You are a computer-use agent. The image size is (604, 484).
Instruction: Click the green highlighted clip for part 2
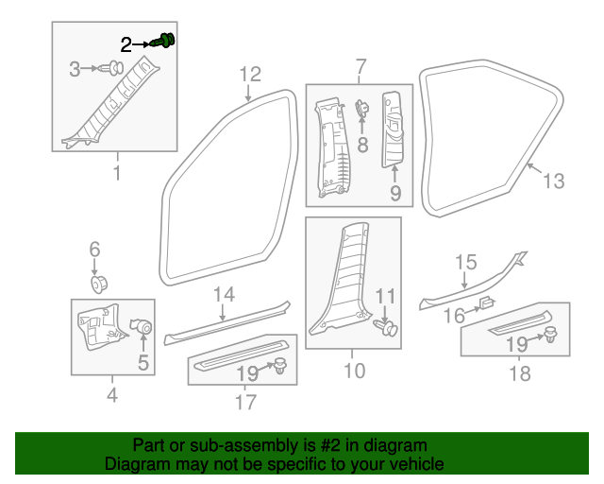coord(169,41)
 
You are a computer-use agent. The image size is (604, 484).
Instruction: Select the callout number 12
coord(249,74)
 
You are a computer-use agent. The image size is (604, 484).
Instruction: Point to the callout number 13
coord(554,181)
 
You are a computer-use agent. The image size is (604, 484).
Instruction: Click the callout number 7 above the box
coord(360,66)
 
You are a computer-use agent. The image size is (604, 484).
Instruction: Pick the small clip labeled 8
coord(361,112)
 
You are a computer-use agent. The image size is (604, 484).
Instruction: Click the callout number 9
coord(394,194)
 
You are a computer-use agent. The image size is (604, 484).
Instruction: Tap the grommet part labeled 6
coord(96,283)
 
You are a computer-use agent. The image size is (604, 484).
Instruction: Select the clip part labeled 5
coord(144,327)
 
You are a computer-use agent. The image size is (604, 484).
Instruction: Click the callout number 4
coord(111,395)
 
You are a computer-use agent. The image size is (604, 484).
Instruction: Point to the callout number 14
coord(223,294)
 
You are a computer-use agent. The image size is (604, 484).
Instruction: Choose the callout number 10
coord(353,371)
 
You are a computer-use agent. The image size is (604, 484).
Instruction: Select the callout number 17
coord(245,402)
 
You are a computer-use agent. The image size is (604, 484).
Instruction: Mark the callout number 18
coord(519,373)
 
